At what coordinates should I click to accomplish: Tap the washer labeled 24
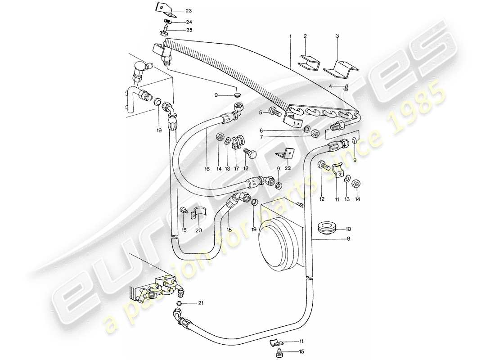pyautogui.click(x=166, y=22)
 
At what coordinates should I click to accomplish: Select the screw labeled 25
pyautogui.click(x=164, y=31)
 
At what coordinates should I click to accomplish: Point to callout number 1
pyautogui.click(x=291, y=36)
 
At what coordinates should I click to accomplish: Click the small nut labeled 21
pyautogui.click(x=179, y=305)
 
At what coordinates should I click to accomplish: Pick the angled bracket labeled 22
pyautogui.click(x=283, y=154)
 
